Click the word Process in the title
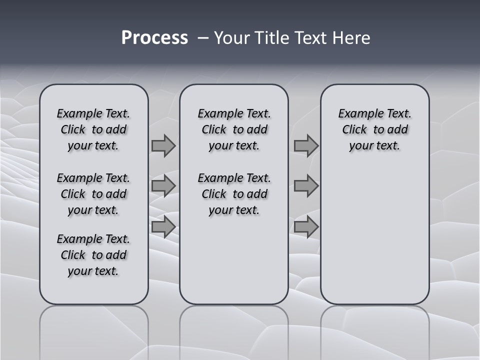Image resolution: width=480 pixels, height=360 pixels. (x=154, y=38)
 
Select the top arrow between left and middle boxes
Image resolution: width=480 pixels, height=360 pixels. (x=163, y=146)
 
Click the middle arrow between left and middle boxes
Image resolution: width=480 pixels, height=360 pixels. (x=163, y=186)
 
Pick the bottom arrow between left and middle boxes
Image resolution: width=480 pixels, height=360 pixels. (x=163, y=227)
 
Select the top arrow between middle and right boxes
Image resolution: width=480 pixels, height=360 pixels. (x=306, y=146)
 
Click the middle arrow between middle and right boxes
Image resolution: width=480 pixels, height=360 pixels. (x=306, y=186)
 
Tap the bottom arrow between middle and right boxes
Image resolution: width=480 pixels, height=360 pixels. (x=306, y=227)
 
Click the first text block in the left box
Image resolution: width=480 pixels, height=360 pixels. (x=93, y=129)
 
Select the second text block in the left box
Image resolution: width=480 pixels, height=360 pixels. (x=93, y=194)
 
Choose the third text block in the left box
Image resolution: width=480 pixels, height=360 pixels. (x=93, y=255)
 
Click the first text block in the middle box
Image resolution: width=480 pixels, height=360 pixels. (x=234, y=129)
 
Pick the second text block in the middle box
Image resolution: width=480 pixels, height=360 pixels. (x=234, y=194)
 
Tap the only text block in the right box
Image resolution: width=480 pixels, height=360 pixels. (x=374, y=129)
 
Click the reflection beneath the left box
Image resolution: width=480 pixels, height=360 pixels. (x=94, y=330)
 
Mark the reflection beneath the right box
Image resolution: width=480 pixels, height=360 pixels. (x=374, y=330)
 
